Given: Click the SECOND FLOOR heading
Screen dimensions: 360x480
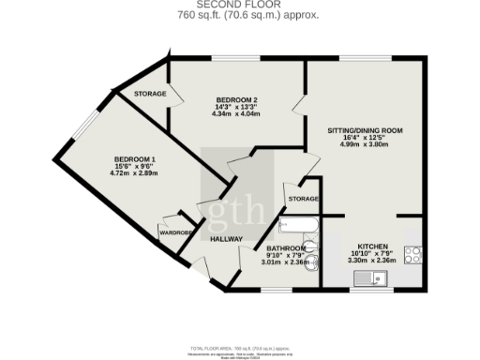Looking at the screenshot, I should coord(240,4).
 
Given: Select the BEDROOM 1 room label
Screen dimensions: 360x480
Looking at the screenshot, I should coord(135,159).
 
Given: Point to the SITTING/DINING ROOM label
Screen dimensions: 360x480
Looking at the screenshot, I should coord(365,130).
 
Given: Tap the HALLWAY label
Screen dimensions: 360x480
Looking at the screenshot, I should coord(226,239).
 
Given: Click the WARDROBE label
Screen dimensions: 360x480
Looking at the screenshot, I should coord(175,232).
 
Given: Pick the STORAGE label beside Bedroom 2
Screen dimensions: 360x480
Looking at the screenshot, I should coord(150,94).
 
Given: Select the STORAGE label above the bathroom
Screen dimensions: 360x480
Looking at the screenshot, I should coord(304,200).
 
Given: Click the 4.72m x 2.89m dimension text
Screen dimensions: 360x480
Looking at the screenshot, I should coord(135,174).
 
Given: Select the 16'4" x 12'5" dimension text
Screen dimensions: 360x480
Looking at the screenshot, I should coord(365,138).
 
